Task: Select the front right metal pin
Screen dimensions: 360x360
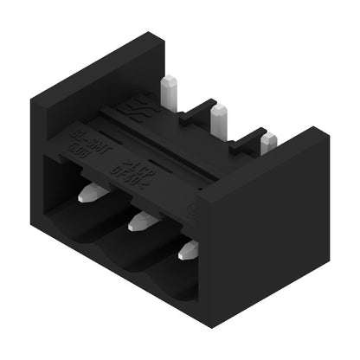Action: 188,251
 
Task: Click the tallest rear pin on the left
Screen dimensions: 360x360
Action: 170,88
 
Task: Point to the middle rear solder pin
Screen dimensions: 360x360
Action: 219,114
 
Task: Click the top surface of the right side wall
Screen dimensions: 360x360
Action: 264,173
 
